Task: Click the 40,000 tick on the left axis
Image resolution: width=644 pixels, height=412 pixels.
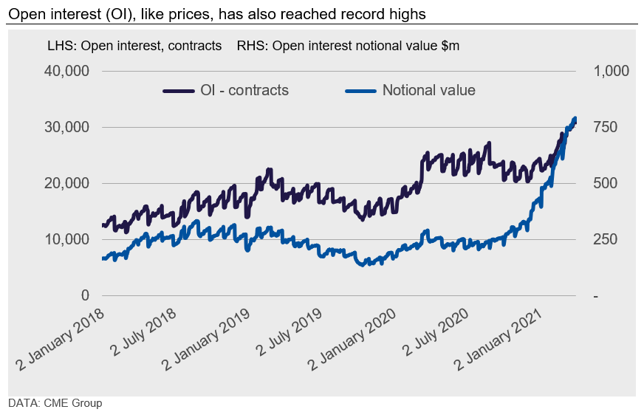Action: [67, 71]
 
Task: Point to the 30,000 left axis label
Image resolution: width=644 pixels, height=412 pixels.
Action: [67, 127]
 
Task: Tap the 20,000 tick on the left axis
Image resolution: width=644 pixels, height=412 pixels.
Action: [67, 183]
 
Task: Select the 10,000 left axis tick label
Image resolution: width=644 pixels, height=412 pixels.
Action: [67, 239]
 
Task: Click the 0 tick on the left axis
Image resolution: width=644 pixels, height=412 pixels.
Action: [85, 295]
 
